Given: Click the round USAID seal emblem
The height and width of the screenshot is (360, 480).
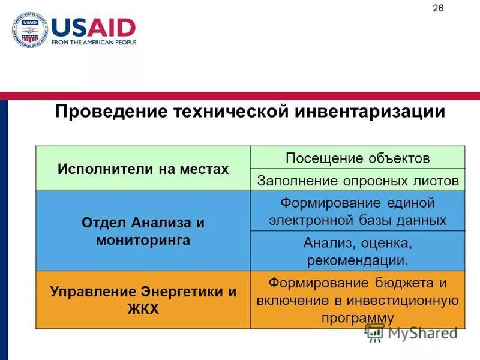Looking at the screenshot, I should click(x=29, y=30).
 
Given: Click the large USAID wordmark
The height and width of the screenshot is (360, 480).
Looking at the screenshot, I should click(x=94, y=28).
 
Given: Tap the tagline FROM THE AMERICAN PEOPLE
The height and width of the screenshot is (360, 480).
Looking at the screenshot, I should click(x=94, y=43).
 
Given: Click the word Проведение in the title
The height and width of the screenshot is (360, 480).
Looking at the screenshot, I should click(x=111, y=112).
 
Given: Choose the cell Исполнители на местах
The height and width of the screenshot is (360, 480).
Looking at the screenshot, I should click(x=143, y=169).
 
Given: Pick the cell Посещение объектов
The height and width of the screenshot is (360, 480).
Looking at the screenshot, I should click(x=358, y=158).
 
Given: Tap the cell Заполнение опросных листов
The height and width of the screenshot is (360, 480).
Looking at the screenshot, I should click(x=358, y=180).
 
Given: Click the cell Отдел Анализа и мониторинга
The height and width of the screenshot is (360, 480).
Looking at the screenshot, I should click(x=143, y=232).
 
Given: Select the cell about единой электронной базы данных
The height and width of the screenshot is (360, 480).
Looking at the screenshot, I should click(x=358, y=211).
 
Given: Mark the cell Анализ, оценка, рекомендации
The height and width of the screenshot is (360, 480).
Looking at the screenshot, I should click(x=358, y=251).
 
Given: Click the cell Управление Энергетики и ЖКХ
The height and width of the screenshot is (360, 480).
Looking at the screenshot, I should click(x=143, y=301).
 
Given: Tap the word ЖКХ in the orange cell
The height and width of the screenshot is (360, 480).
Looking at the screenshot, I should click(x=143, y=310).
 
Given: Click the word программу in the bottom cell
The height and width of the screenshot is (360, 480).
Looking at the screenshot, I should click(x=358, y=318).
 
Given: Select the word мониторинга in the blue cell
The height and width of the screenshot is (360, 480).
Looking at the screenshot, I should click(x=143, y=241).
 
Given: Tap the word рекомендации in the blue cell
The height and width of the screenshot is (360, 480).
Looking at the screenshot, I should click(x=358, y=261).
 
